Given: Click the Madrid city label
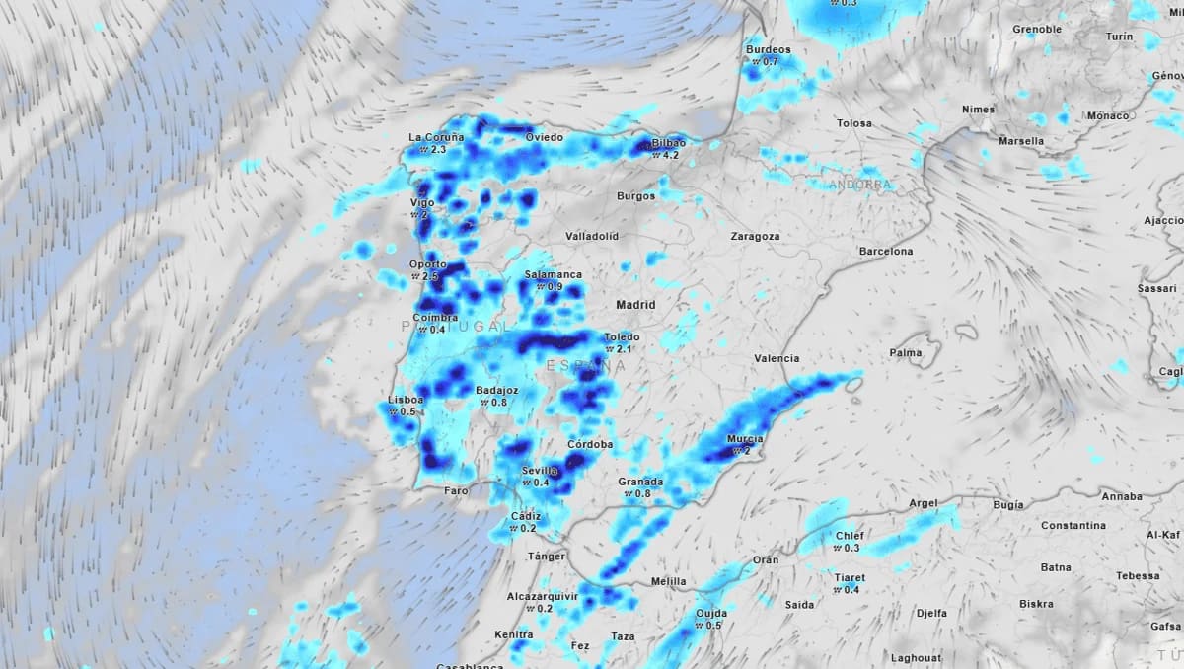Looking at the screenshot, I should pyautogui.click(x=635, y=305).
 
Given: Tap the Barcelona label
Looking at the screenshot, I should pyautogui.click(x=885, y=252).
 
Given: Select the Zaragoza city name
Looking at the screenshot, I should pyautogui.click(x=755, y=237).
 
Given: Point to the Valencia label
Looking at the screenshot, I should pyautogui.click(x=776, y=358).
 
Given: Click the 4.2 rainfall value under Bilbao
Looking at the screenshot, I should pyautogui.click(x=672, y=155).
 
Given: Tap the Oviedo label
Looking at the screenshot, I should pyautogui.click(x=544, y=137).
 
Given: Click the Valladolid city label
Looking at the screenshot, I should pyautogui.click(x=592, y=237).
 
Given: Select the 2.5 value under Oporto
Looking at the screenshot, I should pyautogui.click(x=430, y=276).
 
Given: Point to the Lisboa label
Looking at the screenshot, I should pyautogui.click(x=407, y=400).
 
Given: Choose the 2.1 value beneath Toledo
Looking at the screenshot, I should pyautogui.click(x=624, y=349).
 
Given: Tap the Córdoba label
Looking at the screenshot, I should pyautogui.click(x=590, y=445).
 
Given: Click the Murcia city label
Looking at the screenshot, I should pyautogui.click(x=745, y=439).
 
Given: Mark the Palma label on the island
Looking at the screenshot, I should pyautogui.click(x=906, y=352).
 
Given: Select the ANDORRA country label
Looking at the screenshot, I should pyautogui.click(x=860, y=185).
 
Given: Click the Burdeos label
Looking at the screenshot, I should pyautogui.click(x=769, y=50).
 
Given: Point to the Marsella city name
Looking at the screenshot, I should pyautogui.click(x=1020, y=141).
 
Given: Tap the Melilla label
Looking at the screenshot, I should pyautogui.click(x=668, y=582).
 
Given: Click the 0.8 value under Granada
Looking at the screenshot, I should pyautogui.click(x=641, y=493).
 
